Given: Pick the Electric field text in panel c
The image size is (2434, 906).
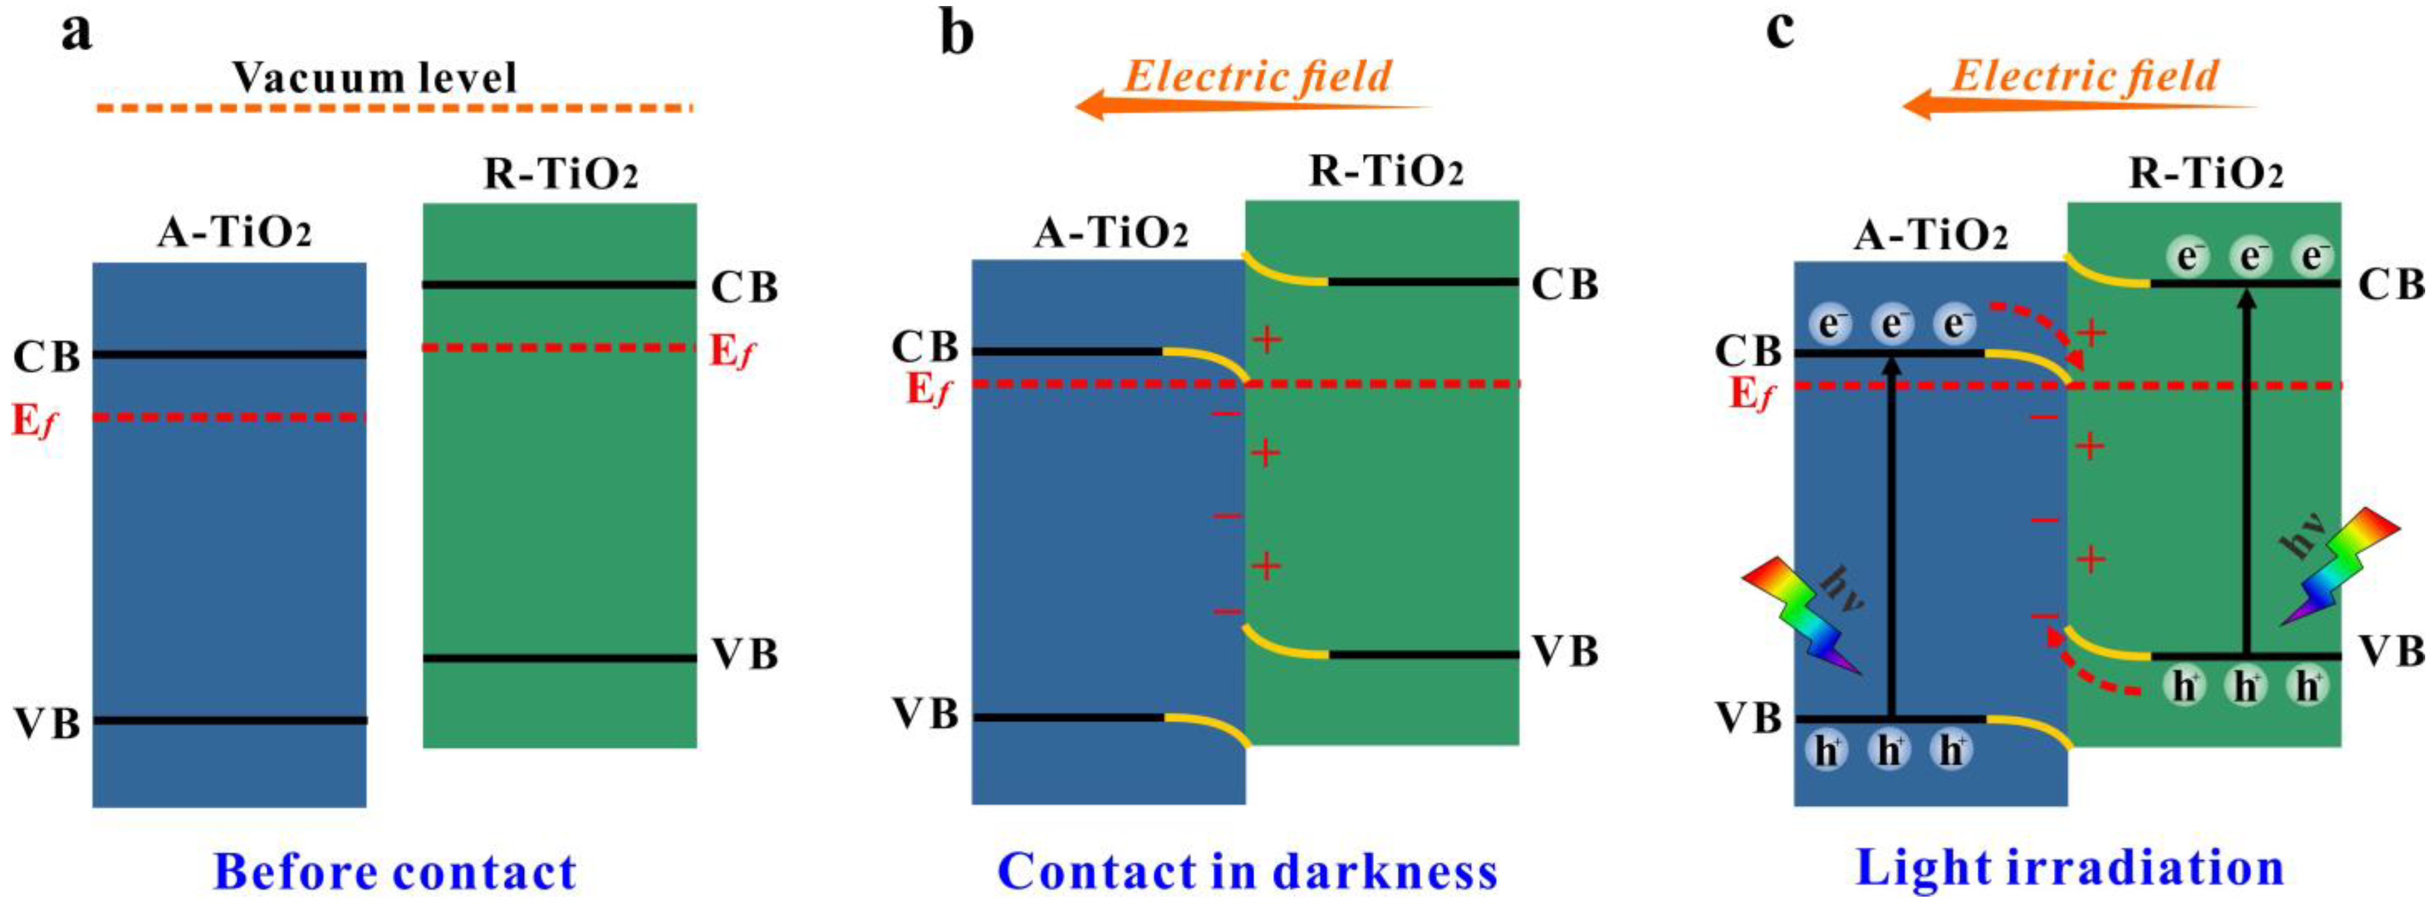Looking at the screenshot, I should (2084, 76).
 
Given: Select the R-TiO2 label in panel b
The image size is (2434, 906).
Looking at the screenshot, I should (1385, 172).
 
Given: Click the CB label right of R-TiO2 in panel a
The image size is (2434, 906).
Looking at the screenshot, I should (743, 287).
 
